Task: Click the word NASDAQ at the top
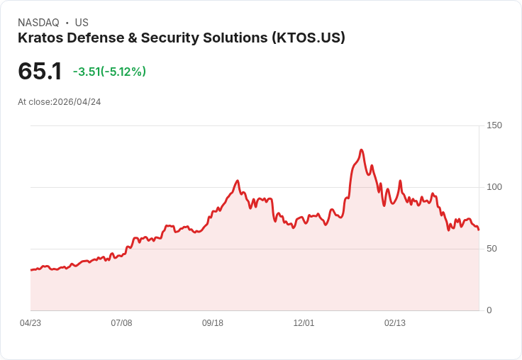(x=38, y=23)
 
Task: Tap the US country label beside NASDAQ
(x=82, y=23)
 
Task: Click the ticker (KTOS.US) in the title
(x=308, y=38)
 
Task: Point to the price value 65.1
(x=40, y=72)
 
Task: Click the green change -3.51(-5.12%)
(x=109, y=72)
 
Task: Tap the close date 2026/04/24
(x=77, y=102)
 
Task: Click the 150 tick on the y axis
(x=494, y=125)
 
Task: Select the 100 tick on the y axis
(x=494, y=187)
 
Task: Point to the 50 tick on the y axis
(x=492, y=249)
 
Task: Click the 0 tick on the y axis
(x=489, y=310)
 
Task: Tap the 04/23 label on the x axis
(x=30, y=323)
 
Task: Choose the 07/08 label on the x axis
(x=121, y=323)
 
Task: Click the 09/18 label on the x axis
(x=213, y=323)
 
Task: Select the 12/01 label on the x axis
(x=304, y=323)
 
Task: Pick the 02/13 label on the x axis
(x=395, y=323)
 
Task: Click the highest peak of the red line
(x=362, y=150)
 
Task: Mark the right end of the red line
(x=479, y=230)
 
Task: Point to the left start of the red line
(x=31, y=270)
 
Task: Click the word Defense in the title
(x=91, y=38)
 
